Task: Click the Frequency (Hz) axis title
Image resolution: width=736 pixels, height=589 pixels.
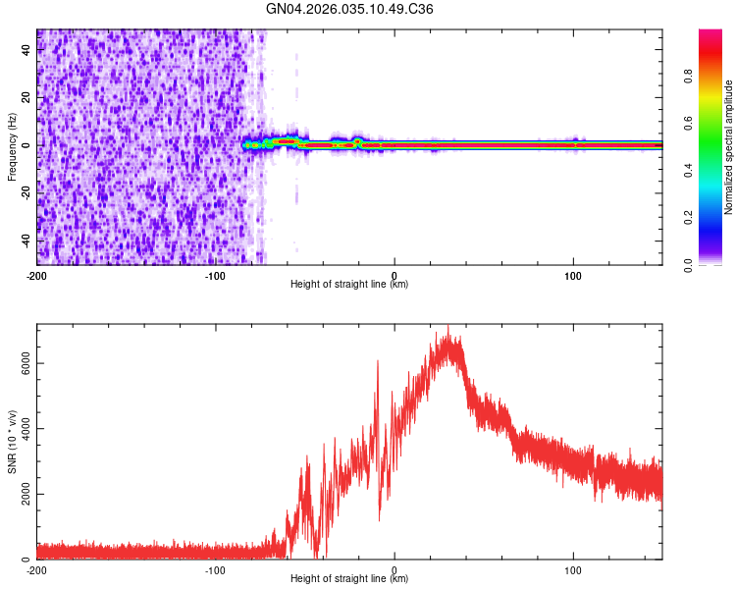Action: (12, 146)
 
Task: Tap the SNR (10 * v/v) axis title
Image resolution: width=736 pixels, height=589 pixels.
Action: (12, 442)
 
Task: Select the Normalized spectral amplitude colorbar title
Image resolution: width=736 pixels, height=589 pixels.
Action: (729, 147)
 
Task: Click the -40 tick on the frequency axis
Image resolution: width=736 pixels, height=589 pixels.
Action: (25, 241)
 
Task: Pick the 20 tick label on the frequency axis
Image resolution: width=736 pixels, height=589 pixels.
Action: (26, 97)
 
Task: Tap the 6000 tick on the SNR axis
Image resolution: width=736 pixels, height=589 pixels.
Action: (22, 362)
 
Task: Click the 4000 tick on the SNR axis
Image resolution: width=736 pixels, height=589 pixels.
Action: (22, 428)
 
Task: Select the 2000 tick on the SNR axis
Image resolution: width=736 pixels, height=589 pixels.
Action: (22, 494)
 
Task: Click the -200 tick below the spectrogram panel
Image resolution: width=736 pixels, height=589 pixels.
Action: (37, 274)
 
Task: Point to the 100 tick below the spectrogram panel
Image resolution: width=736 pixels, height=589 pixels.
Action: (573, 274)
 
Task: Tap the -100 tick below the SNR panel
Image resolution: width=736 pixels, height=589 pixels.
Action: (216, 569)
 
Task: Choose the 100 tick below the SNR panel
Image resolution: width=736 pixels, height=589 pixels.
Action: (573, 569)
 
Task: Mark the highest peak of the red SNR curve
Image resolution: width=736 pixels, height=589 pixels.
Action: (448, 327)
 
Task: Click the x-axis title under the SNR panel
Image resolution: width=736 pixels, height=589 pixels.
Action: (349, 580)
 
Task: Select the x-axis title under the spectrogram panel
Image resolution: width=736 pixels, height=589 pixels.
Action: (349, 285)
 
